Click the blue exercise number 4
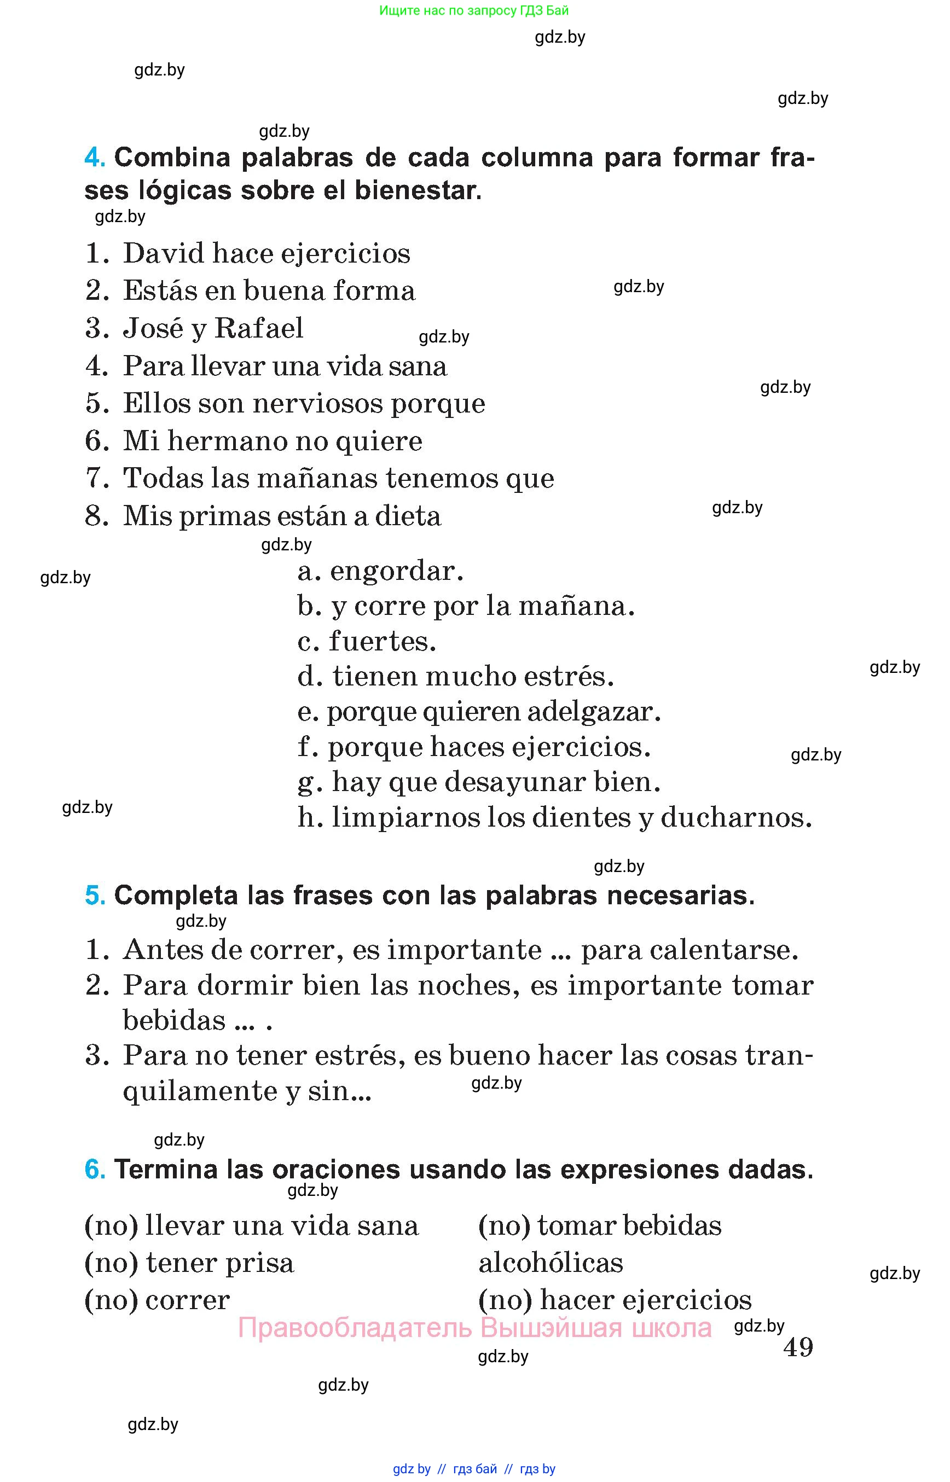tap(94, 158)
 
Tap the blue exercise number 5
tap(94, 896)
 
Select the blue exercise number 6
tap(94, 1169)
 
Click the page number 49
tap(798, 1347)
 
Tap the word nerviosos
tap(317, 403)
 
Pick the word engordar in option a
tap(396, 572)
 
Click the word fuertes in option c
tap(382, 641)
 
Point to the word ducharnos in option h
tap(735, 818)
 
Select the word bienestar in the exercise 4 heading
tap(416, 190)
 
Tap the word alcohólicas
tap(551, 1263)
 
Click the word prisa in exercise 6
tap(259, 1263)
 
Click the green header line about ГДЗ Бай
tap(474, 10)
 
